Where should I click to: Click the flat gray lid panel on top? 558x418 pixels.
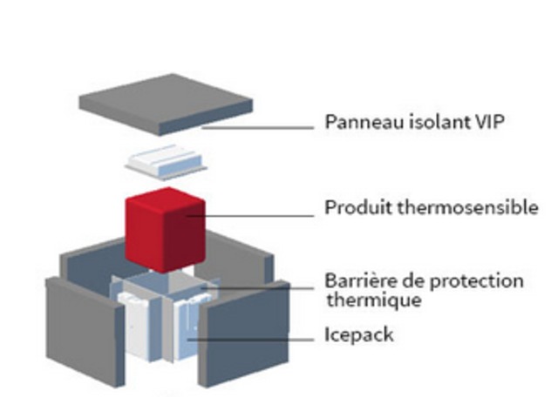166,103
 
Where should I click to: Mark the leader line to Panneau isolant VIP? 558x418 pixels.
262,127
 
